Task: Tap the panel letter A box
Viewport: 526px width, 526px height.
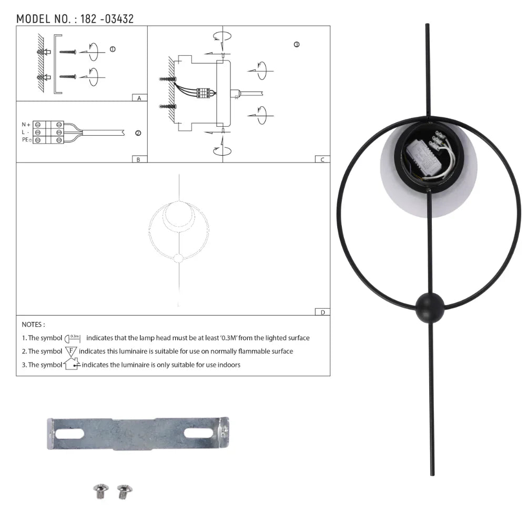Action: (139, 98)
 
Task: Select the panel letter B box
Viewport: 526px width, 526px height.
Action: (138, 159)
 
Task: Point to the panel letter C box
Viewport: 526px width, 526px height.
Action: (322, 159)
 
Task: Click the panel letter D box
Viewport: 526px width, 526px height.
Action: (322, 312)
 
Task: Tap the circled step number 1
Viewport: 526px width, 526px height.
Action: (112, 49)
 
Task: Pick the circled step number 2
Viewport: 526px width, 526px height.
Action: (138, 133)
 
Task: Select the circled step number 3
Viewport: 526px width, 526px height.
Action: (297, 45)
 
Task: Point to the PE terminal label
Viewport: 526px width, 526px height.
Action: (25, 140)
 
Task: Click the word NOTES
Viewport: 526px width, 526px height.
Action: (33, 325)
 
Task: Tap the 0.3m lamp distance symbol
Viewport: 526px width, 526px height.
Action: (73, 337)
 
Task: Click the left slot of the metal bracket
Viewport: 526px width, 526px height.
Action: (69, 433)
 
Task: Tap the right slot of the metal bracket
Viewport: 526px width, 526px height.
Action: (198, 433)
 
